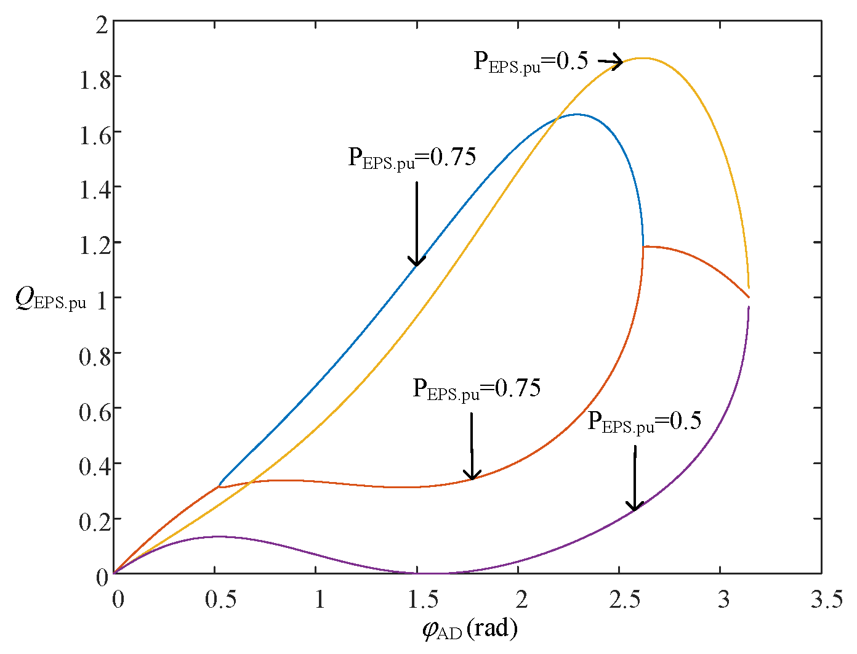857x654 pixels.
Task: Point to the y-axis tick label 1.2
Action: tap(95, 244)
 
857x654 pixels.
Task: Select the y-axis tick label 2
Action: tap(102, 25)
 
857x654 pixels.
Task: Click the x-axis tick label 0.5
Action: tap(220, 599)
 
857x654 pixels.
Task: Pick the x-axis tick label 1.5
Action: tap(422, 599)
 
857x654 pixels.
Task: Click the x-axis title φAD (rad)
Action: tap(470, 629)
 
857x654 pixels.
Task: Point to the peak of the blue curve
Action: tap(577, 114)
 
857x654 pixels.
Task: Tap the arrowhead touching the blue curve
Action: tap(417, 262)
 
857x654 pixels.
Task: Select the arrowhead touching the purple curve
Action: tap(634, 507)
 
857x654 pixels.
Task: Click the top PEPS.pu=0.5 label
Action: tap(531, 62)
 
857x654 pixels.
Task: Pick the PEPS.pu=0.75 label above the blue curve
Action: tap(412, 158)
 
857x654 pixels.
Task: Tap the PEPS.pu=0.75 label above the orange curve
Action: tap(477, 389)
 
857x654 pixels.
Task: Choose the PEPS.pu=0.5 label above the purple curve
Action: tap(645, 422)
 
